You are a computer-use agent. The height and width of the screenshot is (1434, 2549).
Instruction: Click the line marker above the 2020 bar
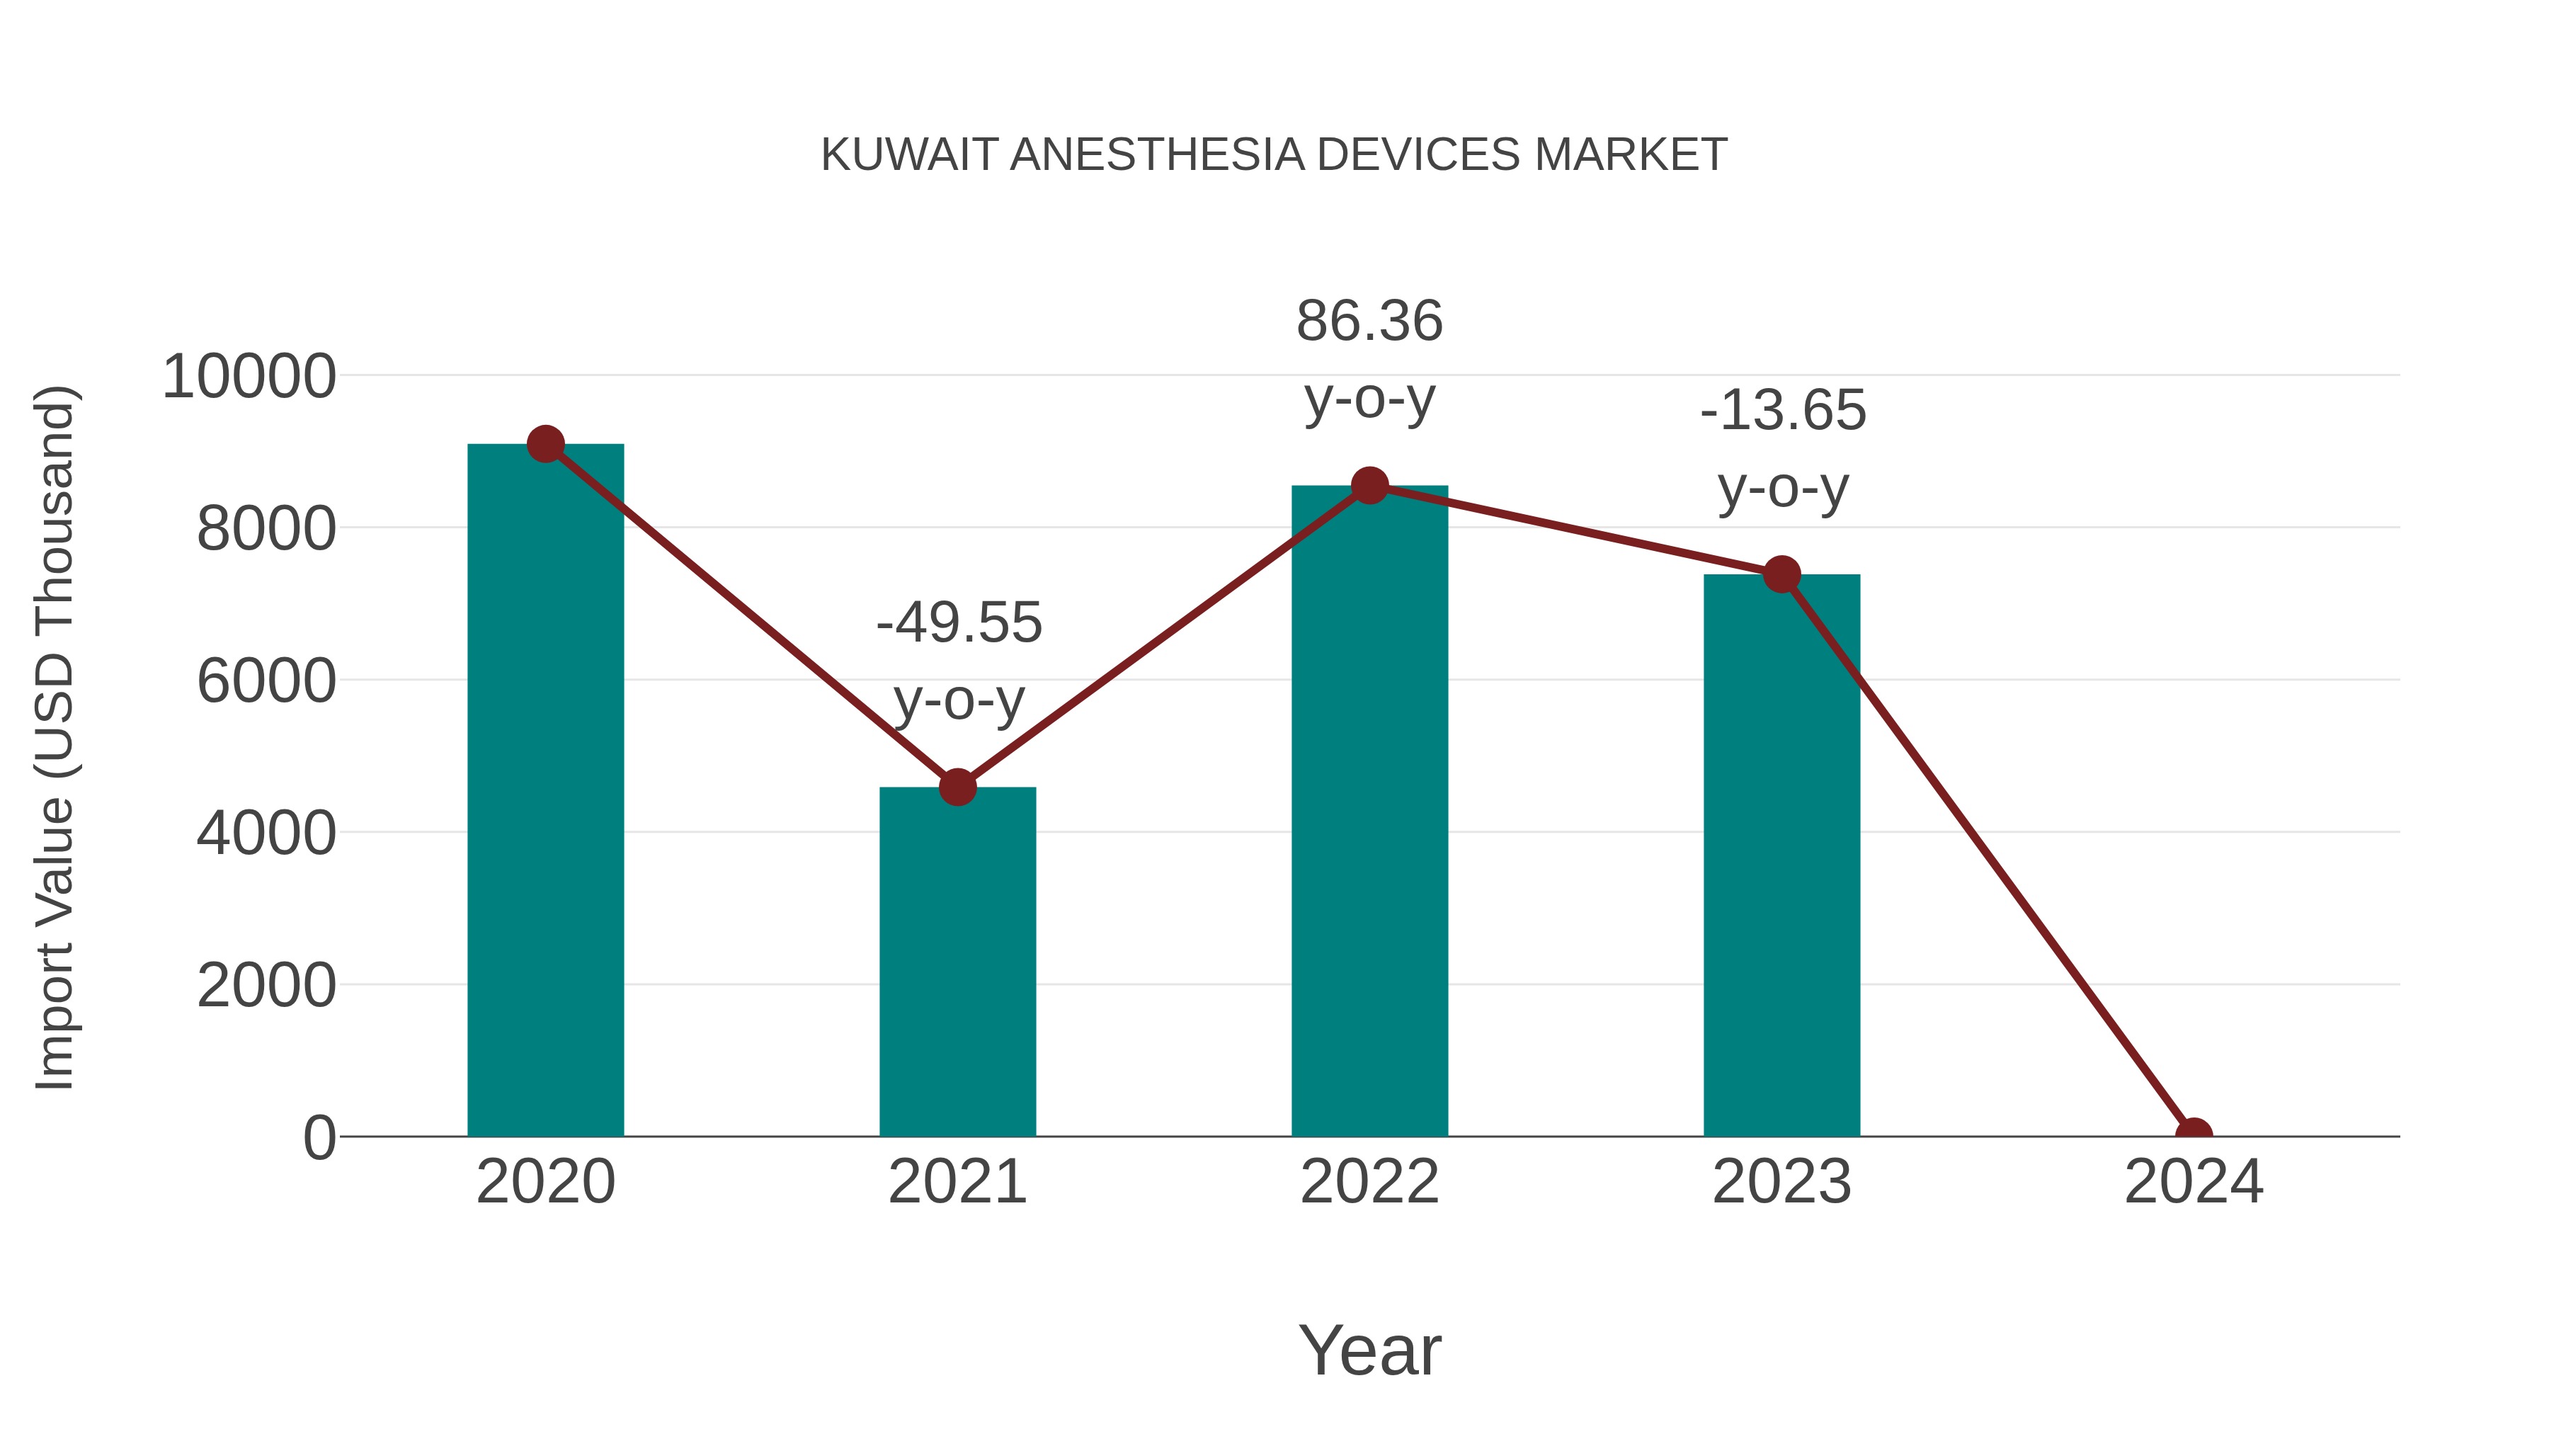point(545,444)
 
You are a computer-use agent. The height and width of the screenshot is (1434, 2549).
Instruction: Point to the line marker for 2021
point(957,787)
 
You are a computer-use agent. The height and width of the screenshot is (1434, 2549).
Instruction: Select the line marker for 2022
point(1369,485)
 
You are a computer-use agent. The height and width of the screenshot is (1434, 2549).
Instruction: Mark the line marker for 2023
point(1781,574)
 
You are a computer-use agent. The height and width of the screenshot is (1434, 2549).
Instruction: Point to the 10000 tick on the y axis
point(249,377)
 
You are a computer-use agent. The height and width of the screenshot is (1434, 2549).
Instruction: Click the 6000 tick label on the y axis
point(266,682)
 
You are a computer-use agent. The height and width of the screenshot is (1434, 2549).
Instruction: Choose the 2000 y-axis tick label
point(266,986)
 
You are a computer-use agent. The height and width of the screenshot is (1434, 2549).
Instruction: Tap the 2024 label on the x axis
point(2194,1182)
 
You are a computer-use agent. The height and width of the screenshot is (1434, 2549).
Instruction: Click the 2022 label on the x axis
point(1369,1182)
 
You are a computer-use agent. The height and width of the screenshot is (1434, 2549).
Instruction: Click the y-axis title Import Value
point(55,737)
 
